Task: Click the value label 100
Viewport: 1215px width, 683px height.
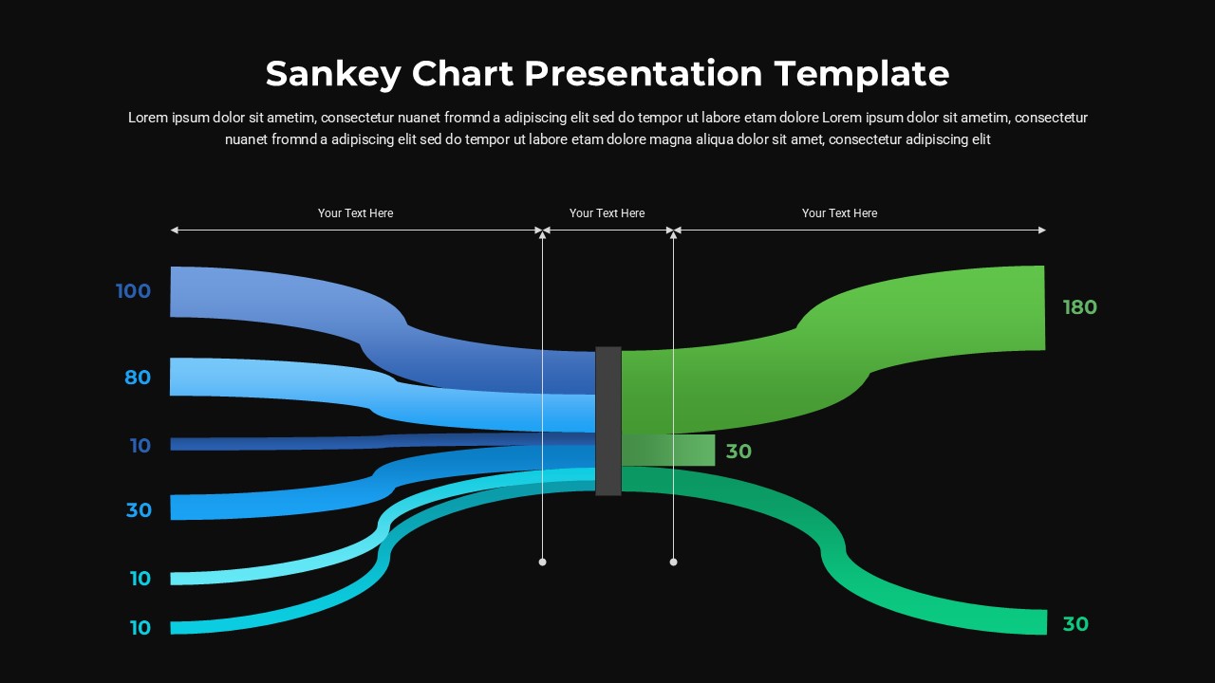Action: point(134,291)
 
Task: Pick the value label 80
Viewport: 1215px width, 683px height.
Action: point(138,378)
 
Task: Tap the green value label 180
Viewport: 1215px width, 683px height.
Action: point(1079,307)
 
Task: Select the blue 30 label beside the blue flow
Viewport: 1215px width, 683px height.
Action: point(139,510)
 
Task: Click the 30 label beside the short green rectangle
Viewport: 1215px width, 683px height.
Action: point(738,452)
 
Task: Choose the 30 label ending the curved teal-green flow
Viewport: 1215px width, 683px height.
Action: point(1075,624)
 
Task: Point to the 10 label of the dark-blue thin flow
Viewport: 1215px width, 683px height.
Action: point(140,446)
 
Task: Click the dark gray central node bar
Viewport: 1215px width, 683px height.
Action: point(608,420)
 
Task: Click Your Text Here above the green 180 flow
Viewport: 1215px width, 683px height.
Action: point(839,213)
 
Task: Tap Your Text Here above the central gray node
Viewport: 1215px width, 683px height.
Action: point(607,213)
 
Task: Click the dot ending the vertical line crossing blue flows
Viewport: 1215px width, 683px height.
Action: point(543,563)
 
